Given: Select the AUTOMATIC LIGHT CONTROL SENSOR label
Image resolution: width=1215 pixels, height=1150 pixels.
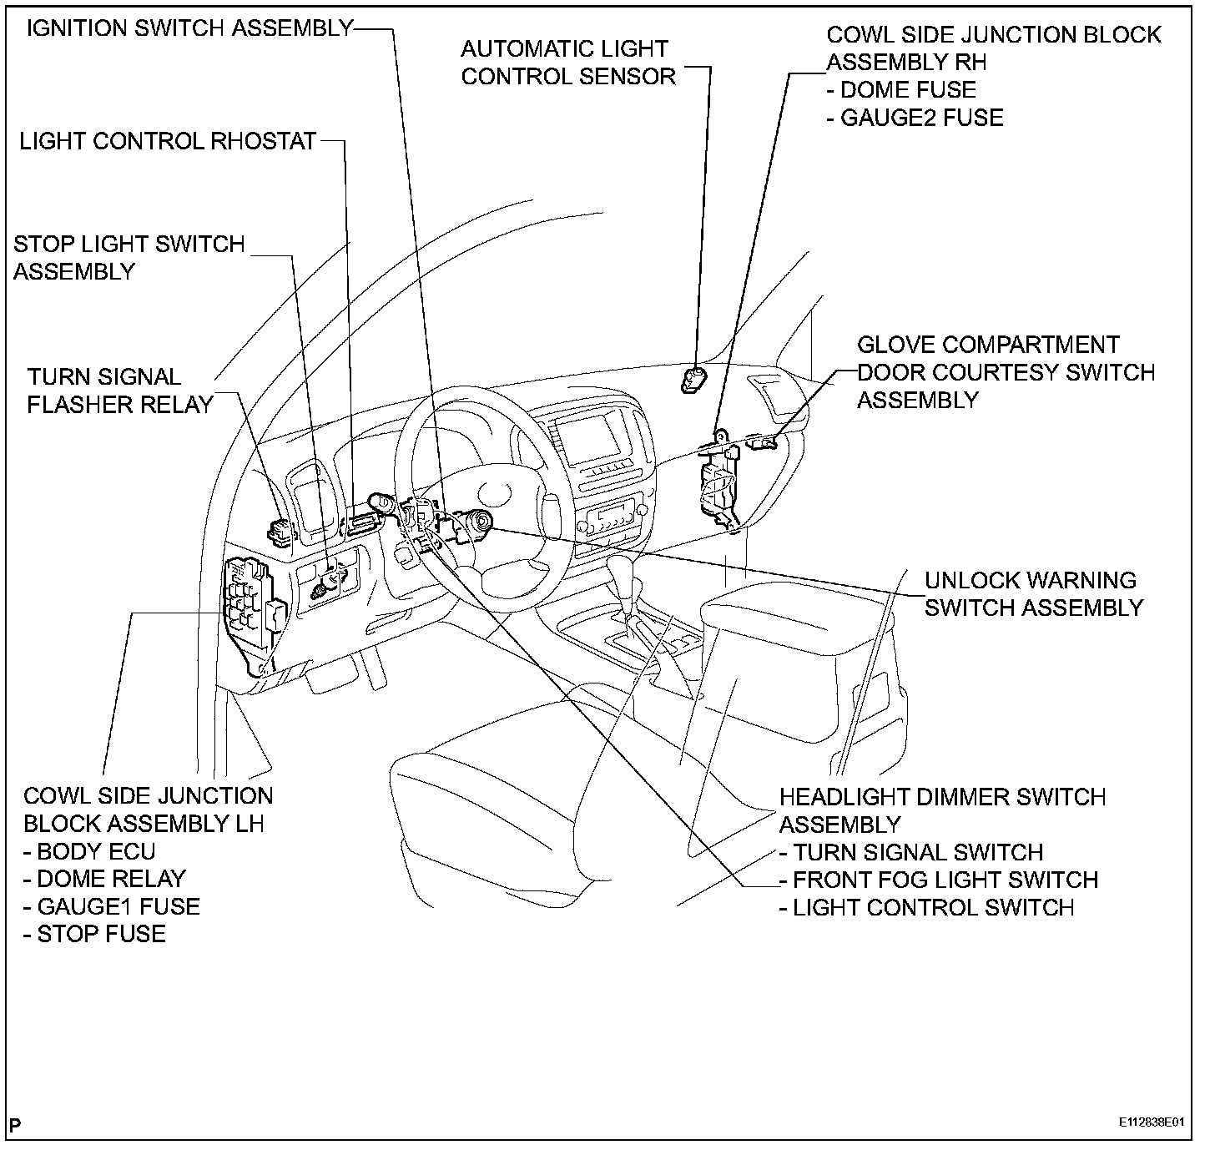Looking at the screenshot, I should [x=567, y=63].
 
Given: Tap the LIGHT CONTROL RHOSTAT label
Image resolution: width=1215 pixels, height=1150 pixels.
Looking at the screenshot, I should [x=167, y=140].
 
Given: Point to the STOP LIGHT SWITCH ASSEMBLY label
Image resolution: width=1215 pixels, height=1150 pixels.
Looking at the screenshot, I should [x=129, y=257].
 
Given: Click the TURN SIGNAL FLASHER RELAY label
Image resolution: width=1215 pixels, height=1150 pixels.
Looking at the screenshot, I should [x=120, y=391].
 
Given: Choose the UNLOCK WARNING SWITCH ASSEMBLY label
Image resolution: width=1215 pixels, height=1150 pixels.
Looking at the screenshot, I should [x=1032, y=593].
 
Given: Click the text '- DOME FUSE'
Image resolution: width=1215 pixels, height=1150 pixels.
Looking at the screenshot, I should [x=900, y=89].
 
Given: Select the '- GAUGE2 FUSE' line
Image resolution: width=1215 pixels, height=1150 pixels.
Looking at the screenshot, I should [x=915, y=117].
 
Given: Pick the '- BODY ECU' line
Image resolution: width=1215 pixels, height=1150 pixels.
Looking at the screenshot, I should [x=89, y=851].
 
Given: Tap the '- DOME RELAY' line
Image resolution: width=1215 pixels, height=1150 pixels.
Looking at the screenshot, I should [x=104, y=879].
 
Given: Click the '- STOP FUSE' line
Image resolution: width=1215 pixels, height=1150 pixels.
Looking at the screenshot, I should [x=94, y=933].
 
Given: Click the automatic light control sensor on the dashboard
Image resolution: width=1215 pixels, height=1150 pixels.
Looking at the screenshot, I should [x=693, y=380].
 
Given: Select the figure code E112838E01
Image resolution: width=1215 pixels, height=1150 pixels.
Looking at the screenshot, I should [x=1152, y=1122].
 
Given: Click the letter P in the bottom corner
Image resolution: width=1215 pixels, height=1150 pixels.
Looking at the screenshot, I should [x=16, y=1123].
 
